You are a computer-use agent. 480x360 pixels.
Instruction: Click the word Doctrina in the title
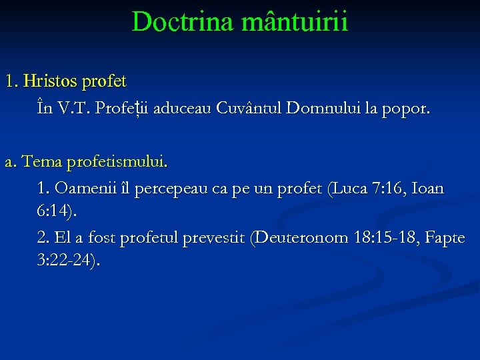pos(174,22)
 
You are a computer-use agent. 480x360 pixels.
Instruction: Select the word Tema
pos(39,162)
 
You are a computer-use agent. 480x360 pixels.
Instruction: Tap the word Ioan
pos(427,189)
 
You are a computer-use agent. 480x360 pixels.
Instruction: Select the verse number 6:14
pos(55,212)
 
